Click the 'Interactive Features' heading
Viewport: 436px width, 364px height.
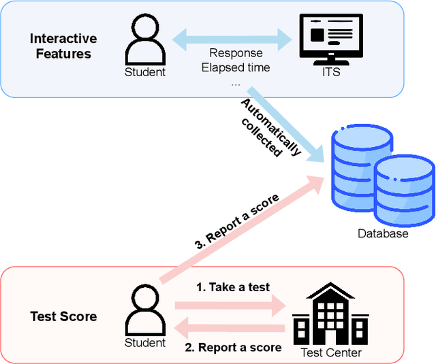[x=63, y=46]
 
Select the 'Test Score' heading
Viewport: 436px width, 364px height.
[x=63, y=316]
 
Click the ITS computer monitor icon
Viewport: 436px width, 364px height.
[x=326, y=37]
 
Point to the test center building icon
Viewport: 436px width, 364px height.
[x=326, y=314]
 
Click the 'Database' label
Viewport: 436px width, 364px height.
[x=383, y=233]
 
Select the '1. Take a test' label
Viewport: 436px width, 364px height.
[x=233, y=287]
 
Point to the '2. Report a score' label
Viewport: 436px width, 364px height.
[x=234, y=347]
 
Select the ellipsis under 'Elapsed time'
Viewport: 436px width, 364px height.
[x=235, y=83]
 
